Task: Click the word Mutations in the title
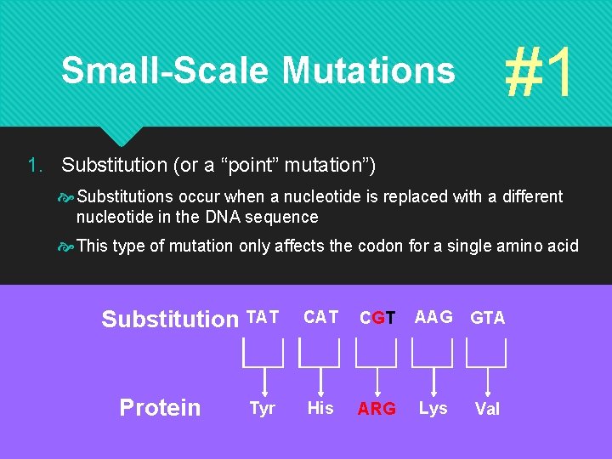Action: [368, 71]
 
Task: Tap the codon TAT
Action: [263, 317]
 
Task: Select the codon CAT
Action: [320, 317]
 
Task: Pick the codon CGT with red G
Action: [377, 318]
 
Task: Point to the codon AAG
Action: [433, 317]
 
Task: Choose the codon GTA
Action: [488, 318]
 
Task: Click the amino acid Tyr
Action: [263, 409]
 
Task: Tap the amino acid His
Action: [320, 408]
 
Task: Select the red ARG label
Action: [377, 409]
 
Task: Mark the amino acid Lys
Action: [433, 408]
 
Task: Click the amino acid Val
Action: [488, 409]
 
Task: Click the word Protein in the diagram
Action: [160, 408]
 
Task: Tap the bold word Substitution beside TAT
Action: [170, 320]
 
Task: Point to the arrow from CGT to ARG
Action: [377, 379]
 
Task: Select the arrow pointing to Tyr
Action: [263, 379]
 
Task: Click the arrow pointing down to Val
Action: [488, 379]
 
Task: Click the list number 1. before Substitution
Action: [35, 163]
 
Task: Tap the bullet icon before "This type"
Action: [66, 246]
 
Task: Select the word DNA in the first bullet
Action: [223, 217]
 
